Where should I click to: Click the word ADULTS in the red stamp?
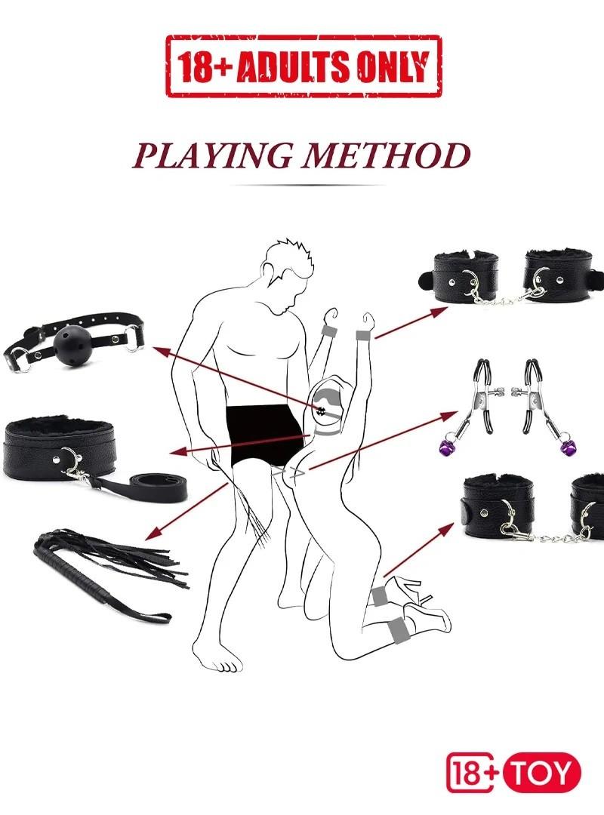(x=291, y=67)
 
